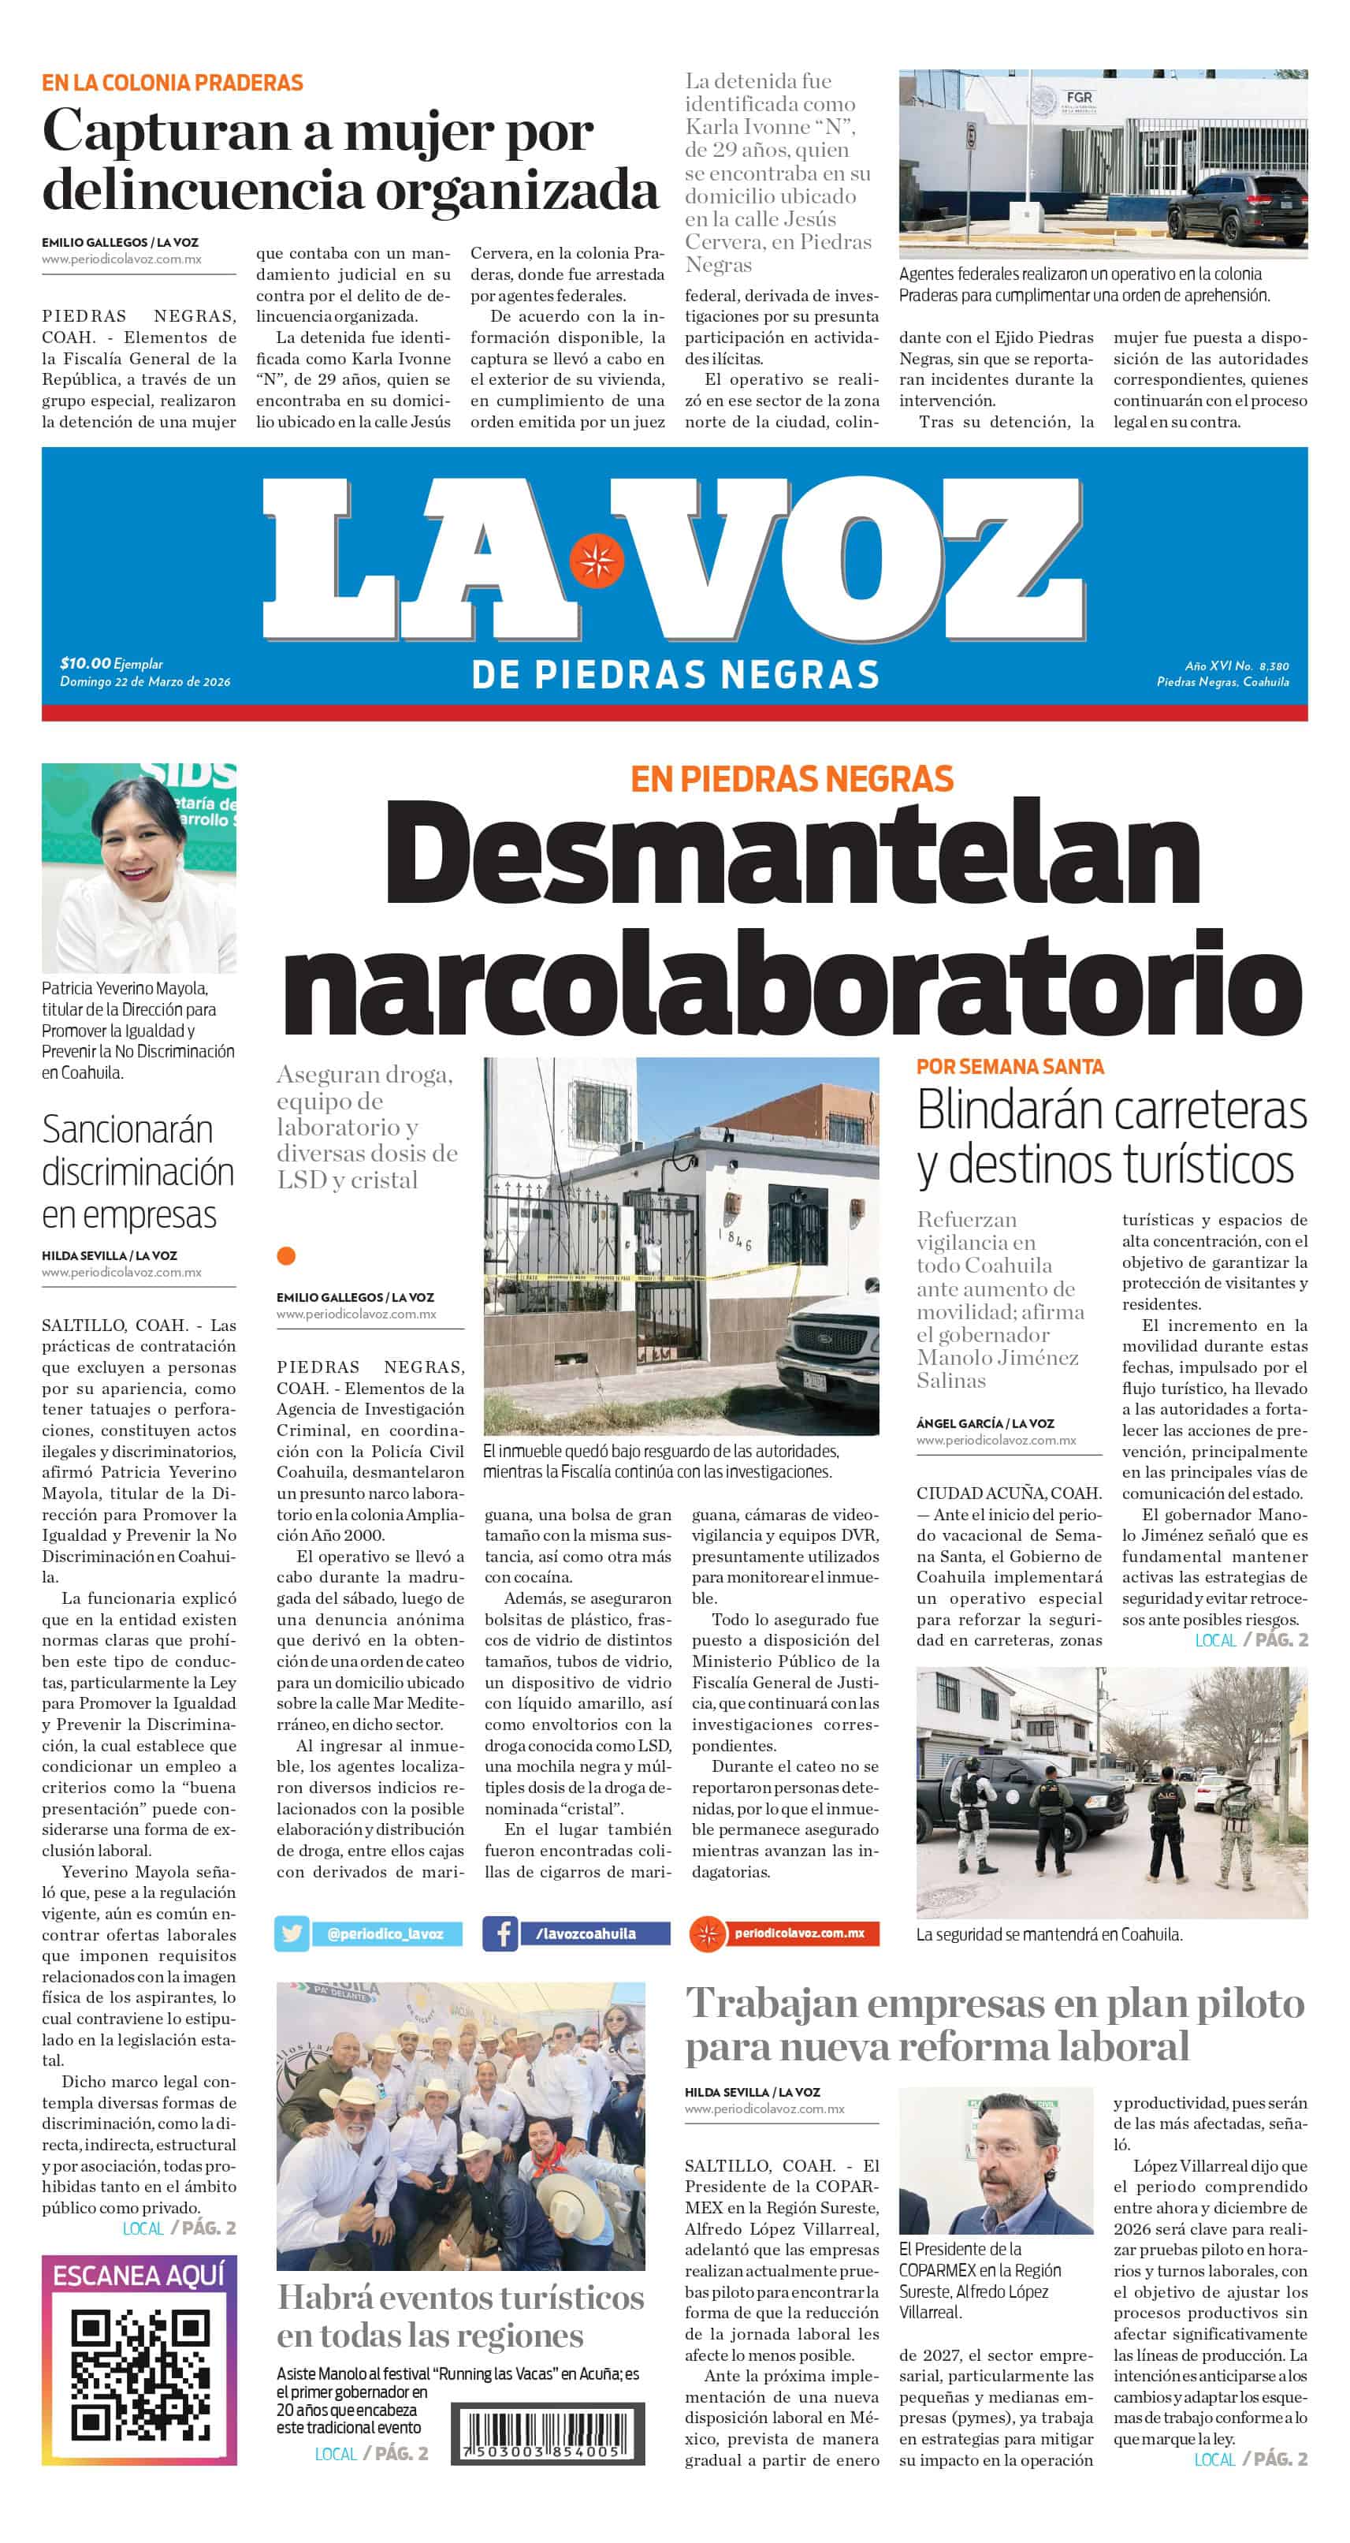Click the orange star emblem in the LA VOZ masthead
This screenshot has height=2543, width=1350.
[596, 560]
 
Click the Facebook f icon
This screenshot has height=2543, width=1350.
[500, 1933]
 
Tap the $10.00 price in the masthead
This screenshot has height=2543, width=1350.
[85, 663]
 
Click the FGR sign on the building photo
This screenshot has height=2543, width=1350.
[1079, 98]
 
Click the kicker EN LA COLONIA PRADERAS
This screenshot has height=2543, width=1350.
[172, 83]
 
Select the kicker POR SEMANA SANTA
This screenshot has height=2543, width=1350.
[1010, 1066]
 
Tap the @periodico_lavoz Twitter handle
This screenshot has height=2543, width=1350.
[385, 1933]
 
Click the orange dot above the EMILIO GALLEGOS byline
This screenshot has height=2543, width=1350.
[286, 1255]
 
